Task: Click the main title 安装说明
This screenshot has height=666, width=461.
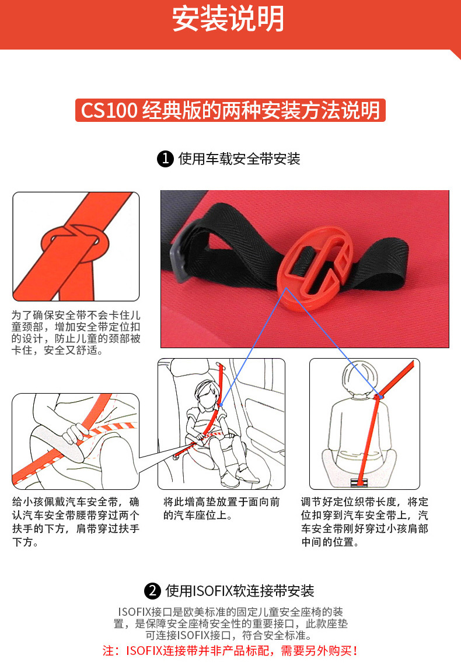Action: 228,19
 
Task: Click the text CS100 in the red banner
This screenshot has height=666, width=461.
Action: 109,110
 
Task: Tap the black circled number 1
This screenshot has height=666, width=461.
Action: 165,159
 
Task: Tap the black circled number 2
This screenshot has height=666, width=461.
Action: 152,591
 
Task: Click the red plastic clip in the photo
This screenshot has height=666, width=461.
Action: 315,268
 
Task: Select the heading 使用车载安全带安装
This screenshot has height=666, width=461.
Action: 239,159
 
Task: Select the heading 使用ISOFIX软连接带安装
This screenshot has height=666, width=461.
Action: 240,591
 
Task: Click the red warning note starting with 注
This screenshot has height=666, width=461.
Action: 230,650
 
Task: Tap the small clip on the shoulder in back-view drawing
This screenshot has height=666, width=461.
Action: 378,397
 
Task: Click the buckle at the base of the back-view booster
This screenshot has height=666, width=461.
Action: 360,482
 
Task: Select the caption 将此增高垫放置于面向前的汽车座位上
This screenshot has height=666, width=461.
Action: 221,509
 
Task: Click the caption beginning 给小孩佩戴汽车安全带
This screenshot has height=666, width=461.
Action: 76,522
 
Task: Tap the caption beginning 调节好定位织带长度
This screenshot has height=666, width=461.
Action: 365,522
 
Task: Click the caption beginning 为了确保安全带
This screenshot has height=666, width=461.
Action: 76,332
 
